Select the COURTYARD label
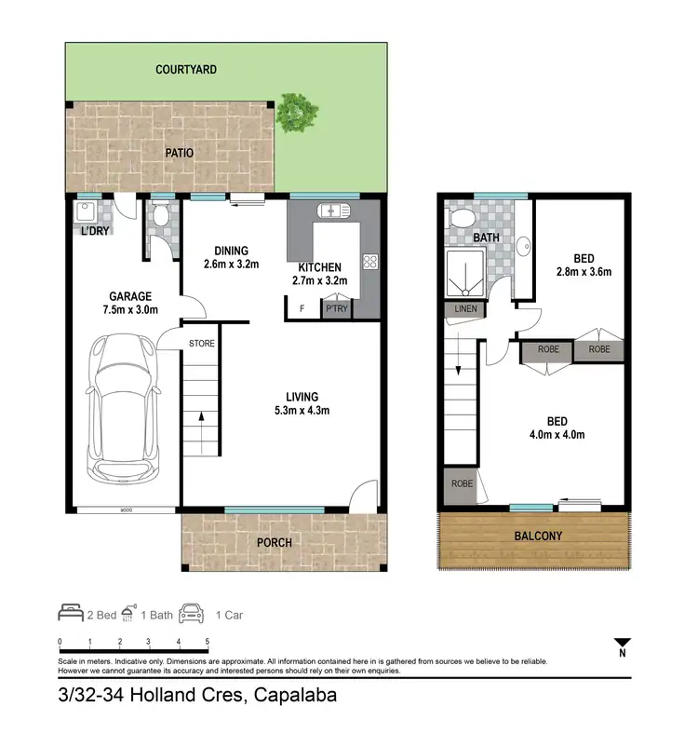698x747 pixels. pos(186,70)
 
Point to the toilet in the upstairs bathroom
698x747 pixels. pos(459,217)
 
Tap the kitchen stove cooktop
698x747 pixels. pos(369,263)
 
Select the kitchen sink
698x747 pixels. pos(330,210)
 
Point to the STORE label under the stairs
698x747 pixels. pos(202,344)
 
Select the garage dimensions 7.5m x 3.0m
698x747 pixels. pos(130,310)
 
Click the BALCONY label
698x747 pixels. pos(538,536)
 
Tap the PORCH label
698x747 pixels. pos(274,542)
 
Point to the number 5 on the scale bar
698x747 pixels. pos(207,642)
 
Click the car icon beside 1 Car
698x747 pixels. pos(192,613)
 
